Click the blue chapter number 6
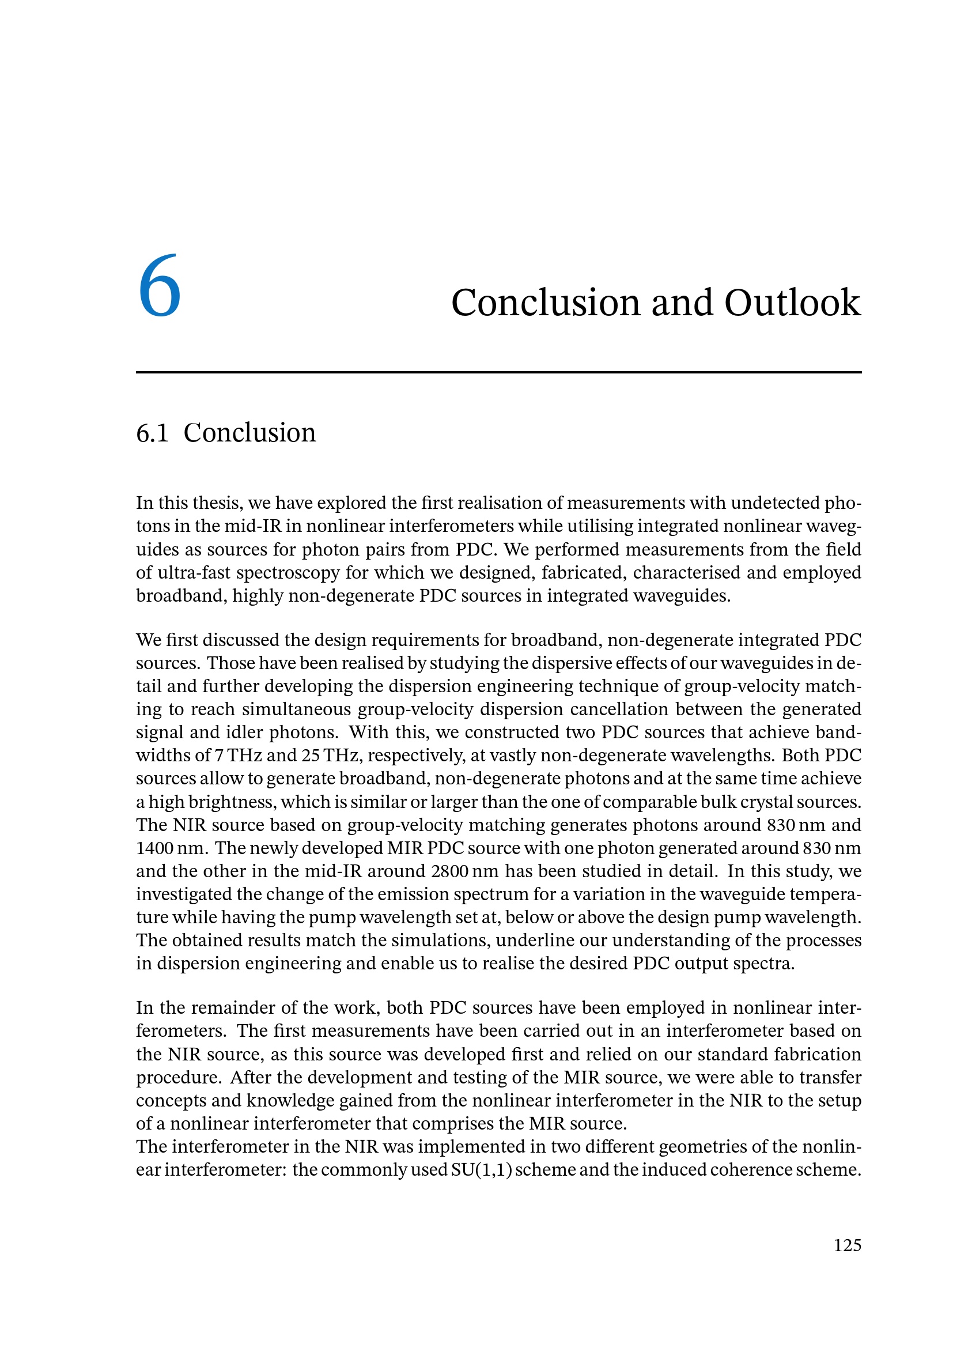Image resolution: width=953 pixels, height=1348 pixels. coord(159,287)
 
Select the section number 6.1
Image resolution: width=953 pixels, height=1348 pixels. coord(152,433)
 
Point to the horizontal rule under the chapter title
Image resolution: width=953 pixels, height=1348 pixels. coord(498,372)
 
